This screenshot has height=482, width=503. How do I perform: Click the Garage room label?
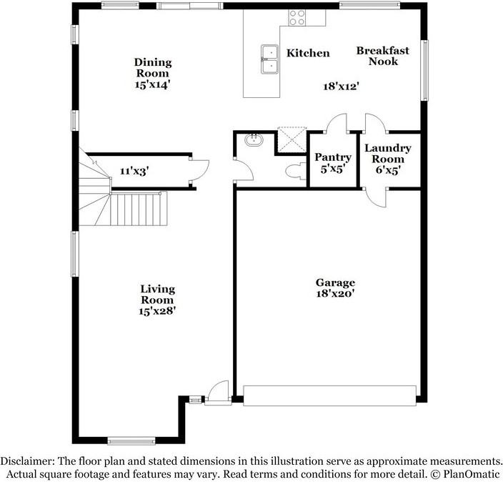pos(335,282)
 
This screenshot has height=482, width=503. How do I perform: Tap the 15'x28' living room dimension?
pos(157,311)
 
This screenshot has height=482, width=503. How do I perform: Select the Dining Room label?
pos(153,67)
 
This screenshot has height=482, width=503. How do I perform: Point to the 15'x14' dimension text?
pos(152,85)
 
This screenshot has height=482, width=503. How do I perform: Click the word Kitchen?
pos(308,53)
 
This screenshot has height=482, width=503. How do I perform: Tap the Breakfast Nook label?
pos(383,56)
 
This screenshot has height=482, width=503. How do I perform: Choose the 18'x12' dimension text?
pos(341,86)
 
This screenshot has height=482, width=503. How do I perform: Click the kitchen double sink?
pos(269,59)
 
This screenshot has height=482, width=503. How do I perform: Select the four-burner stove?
pos(297,18)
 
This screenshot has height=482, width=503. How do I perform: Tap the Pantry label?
pos(333,157)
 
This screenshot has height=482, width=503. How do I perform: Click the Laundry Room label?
pos(388,154)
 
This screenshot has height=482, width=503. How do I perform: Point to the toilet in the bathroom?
pos(295,170)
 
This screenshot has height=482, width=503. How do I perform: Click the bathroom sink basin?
pos(254,139)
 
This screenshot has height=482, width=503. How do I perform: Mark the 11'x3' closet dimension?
pos(134,171)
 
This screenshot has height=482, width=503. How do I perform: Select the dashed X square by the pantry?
pos(292,139)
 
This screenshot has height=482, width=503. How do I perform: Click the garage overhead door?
pos(330,395)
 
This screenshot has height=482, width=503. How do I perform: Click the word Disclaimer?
pos(28,461)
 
